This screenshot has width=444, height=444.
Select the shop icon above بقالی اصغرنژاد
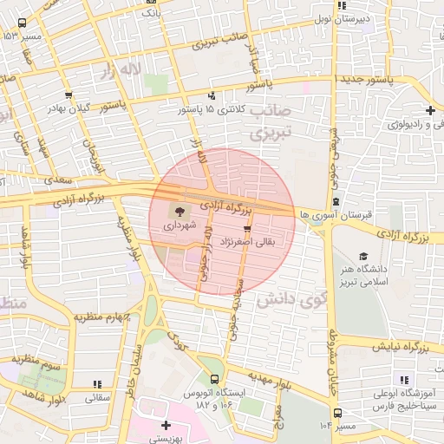click(x=247, y=230)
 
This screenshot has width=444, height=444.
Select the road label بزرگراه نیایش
click(x=402, y=347)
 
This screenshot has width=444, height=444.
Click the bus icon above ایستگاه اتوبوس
click(x=214, y=379)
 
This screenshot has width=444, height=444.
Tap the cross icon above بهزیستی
click(x=166, y=425)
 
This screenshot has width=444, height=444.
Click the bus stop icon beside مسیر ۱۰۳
click(x=337, y=414)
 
